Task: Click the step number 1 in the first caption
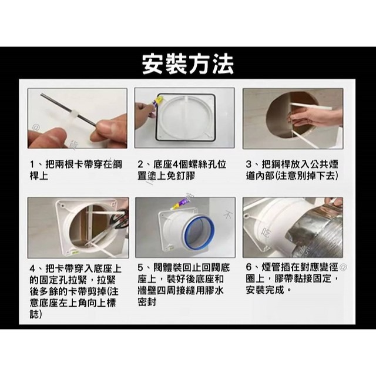coord(33,163)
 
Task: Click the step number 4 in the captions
coord(33,268)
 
